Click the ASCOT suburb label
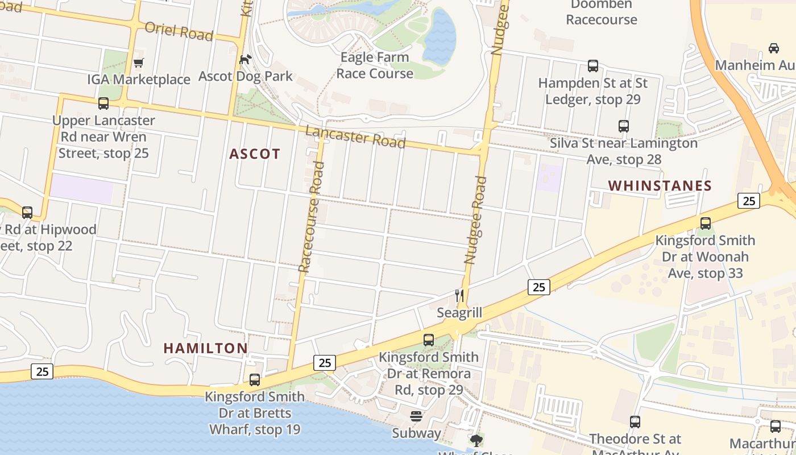[255, 154]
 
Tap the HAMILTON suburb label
[205, 348]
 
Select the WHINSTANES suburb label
[660, 186]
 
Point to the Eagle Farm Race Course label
[375, 65]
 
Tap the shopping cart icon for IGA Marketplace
[138, 63]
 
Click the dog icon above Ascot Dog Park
[246, 59]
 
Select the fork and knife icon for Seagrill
[459, 296]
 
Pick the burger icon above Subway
[416, 416]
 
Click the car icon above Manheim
[773, 48]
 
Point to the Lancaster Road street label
[355, 137]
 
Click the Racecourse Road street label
[311, 216]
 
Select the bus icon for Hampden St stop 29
[593, 66]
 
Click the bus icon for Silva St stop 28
[624, 126]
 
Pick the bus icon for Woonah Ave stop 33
[706, 224]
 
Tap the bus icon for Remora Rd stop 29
[429, 340]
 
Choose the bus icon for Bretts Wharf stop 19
[255, 379]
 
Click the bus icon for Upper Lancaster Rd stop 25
[103, 104]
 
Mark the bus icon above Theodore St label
[635, 422]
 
